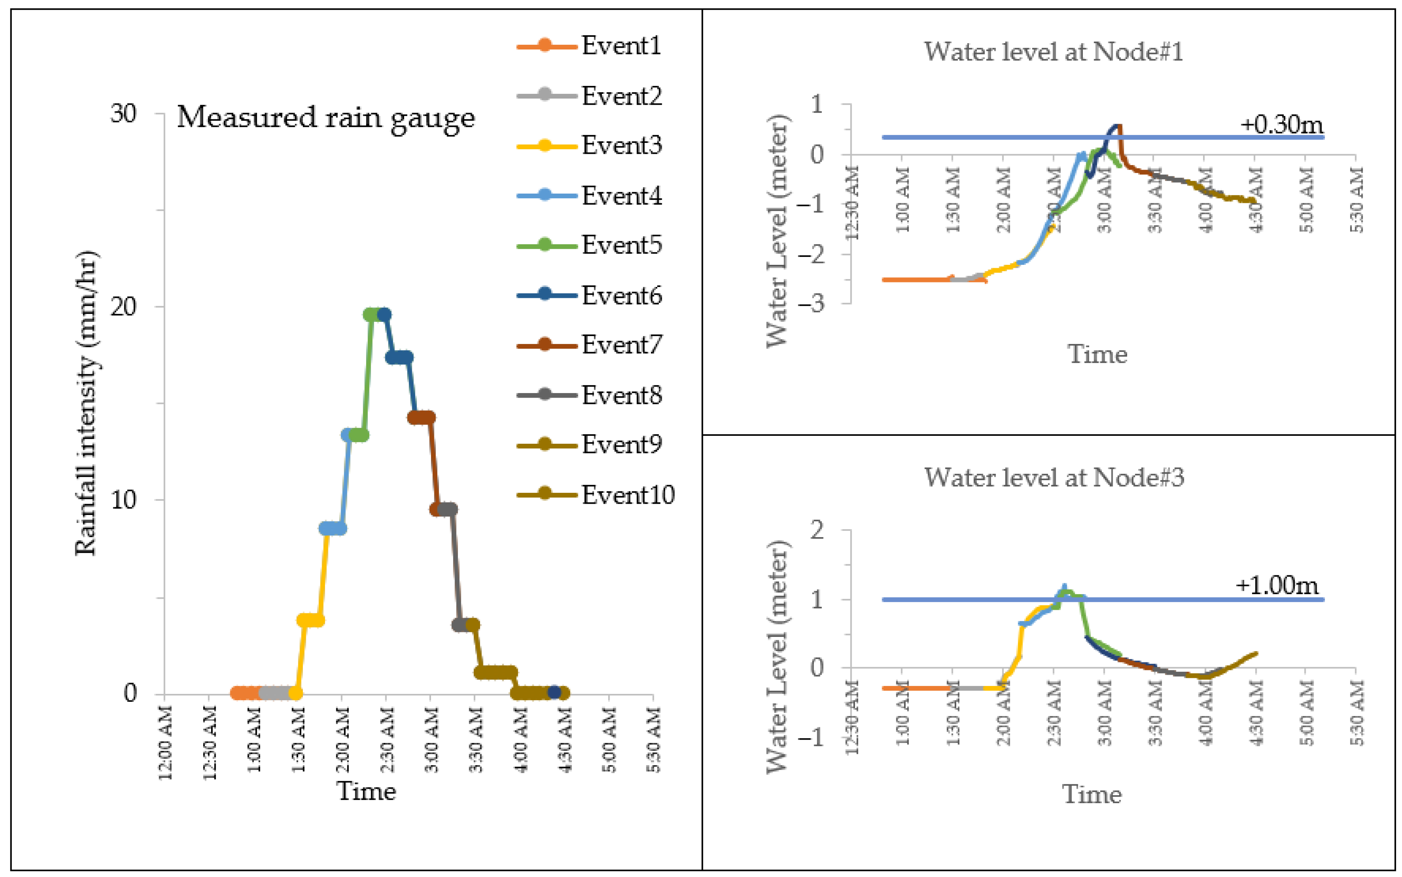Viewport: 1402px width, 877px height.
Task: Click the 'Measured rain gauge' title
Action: pyautogui.click(x=325, y=118)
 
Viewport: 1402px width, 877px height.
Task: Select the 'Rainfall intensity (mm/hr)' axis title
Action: pyautogui.click(x=86, y=403)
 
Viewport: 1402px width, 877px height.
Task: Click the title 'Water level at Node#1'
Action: pyautogui.click(x=1053, y=52)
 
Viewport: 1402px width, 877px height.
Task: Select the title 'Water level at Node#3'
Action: pyautogui.click(x=1053, y=477)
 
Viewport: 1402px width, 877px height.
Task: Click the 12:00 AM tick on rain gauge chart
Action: pyautogui.click(x=165, y=742)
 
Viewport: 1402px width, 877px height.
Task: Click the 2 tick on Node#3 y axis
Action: pyautogui.click(x=816, y=530)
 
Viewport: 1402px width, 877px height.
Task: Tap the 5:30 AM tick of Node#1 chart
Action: pyautogui.click(x=1357, y=199)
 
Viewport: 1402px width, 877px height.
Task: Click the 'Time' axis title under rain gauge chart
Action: pyautogui.click(x=366, y=791)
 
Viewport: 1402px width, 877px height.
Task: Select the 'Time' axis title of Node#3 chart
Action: pyautogui.click(x=1091, y=794)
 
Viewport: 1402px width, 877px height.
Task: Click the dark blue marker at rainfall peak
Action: pyautogui.click(x=383, y=314)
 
